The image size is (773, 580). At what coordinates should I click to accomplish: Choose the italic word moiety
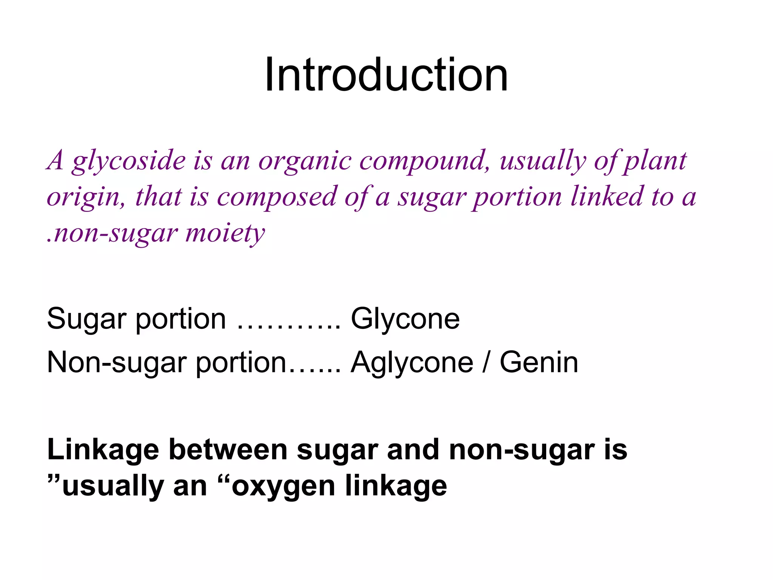pos(225,233)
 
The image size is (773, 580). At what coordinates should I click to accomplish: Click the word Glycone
pos(405,319)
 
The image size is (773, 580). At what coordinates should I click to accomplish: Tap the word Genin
pos(539,362)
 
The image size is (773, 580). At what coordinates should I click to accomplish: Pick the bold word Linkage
pos(103,450)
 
